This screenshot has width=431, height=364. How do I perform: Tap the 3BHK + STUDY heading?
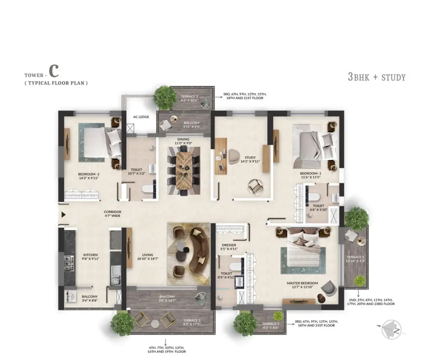[376, 77]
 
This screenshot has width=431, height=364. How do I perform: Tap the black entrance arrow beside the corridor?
[63, 215]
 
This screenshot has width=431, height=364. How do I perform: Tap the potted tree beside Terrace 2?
[165, 97]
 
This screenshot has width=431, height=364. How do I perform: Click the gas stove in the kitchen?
[69, 263]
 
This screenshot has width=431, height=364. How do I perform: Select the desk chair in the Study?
[233, 155]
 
